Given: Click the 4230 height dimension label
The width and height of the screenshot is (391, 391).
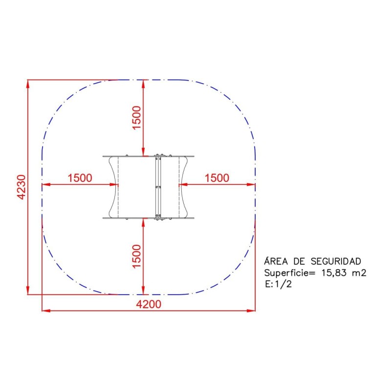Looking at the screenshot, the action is click(x=22, y=187).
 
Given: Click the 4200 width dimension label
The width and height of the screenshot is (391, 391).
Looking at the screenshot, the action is click(x=149, y=304).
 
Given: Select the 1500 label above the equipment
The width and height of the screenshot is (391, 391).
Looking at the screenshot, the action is click(x=137, y=117).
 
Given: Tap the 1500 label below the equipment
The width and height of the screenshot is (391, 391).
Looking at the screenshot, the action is click(x=137, y=256).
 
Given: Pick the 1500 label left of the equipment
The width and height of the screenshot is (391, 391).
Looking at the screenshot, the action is click(x=80, y=178).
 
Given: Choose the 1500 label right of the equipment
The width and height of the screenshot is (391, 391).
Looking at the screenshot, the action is click(x=217, y=178).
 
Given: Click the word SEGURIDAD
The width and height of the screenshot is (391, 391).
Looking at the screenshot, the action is click(x=336, y=261).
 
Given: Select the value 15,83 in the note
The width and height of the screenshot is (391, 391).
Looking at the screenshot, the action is click(x=334, y=273).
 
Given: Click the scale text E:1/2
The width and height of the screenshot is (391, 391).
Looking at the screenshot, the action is click(x=278, y=284).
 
